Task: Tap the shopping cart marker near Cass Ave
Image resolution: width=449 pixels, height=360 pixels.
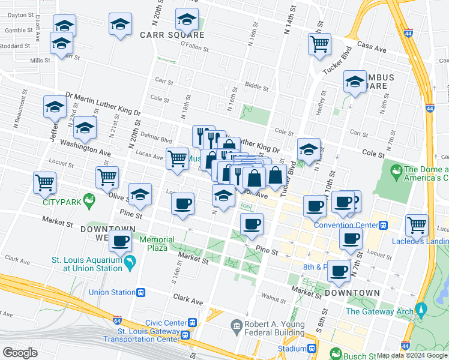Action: [319, 43]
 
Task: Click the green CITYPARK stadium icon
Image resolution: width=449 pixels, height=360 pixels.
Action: [89, 199]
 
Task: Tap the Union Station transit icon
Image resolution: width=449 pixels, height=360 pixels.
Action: [141, 293]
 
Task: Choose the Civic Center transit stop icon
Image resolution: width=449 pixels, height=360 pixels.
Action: [191, 321]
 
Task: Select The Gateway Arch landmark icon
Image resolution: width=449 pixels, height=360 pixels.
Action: [420, 311]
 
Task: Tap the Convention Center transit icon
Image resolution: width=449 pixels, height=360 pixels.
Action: [382, 226]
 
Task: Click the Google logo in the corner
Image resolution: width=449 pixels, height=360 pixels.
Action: [20, 353]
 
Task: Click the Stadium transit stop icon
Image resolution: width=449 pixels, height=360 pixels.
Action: [312, 349]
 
